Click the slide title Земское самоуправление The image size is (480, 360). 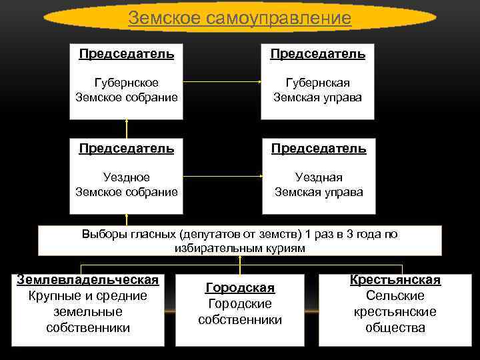(239, 18)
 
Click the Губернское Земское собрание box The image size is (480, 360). (126, 89)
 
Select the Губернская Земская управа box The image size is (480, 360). (317, 89)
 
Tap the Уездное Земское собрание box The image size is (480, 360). (126, 184)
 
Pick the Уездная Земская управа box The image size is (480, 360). (319, 184)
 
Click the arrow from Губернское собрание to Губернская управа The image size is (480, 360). (221, 82)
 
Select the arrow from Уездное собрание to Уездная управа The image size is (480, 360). (221, 177)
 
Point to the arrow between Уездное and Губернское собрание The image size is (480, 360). (126, 129)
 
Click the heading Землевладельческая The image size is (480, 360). (87, 278)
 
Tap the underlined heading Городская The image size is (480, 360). (240, 287)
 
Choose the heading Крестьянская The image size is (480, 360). (395, 280)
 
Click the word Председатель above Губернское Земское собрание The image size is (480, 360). (126, 53)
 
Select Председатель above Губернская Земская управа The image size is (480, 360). (317, 53)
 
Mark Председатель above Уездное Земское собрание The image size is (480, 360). (126, 148)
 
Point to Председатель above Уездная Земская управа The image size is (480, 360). (319, 148)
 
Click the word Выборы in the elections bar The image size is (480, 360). (104, 234)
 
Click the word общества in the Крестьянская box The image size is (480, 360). (395, 327)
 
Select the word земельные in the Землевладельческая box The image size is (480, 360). (87, 311)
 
